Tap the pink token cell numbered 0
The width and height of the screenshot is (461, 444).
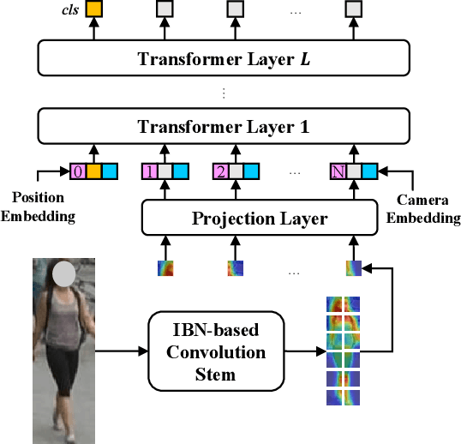click(x=77, y=171)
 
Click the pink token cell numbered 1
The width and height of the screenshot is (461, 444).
click(x=150, y=171)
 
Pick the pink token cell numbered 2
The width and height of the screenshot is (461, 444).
click(x=221, y=171)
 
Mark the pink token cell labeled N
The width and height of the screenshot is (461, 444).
click(x=339, y=171)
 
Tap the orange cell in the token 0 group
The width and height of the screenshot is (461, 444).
click(x=93, y=171)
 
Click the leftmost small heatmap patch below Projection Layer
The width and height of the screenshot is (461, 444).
click(x=165, y=268)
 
